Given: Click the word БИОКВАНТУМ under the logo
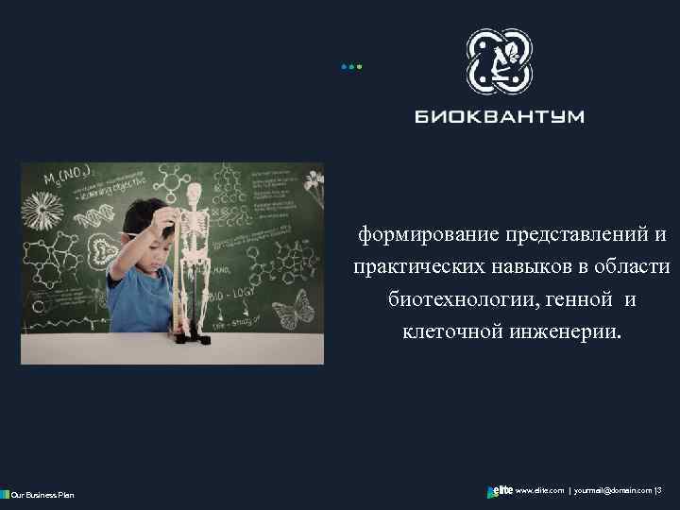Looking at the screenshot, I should click(x=500, y=117).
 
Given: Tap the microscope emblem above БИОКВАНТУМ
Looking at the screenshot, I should click(x=500, y=61).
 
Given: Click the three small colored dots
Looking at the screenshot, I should click(x=351, y=67).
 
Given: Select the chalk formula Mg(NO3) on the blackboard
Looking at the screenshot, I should click(x=68, y=177).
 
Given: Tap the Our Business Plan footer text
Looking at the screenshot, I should click(x=41, y=494).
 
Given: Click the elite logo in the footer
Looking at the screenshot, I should click(x=500, y=491).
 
